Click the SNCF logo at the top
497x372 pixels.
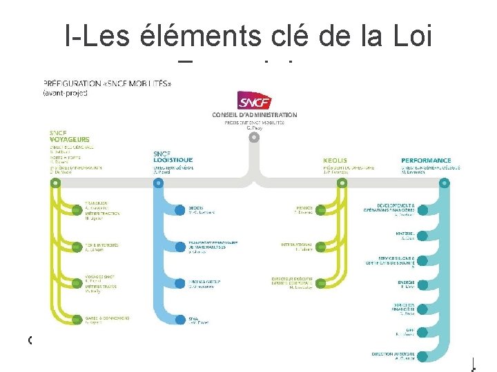254,101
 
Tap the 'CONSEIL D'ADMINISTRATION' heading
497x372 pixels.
255,115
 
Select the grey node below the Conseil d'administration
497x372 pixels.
255,137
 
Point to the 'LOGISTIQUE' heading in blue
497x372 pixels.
173,160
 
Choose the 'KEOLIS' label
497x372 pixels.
335,161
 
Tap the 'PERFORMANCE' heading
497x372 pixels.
426,161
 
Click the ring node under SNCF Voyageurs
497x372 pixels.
55,183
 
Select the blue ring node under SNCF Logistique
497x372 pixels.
157,183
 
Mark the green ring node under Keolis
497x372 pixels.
340,183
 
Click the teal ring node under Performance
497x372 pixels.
444,183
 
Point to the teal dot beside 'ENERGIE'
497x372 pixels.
422,284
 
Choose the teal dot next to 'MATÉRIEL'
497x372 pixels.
422,235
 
